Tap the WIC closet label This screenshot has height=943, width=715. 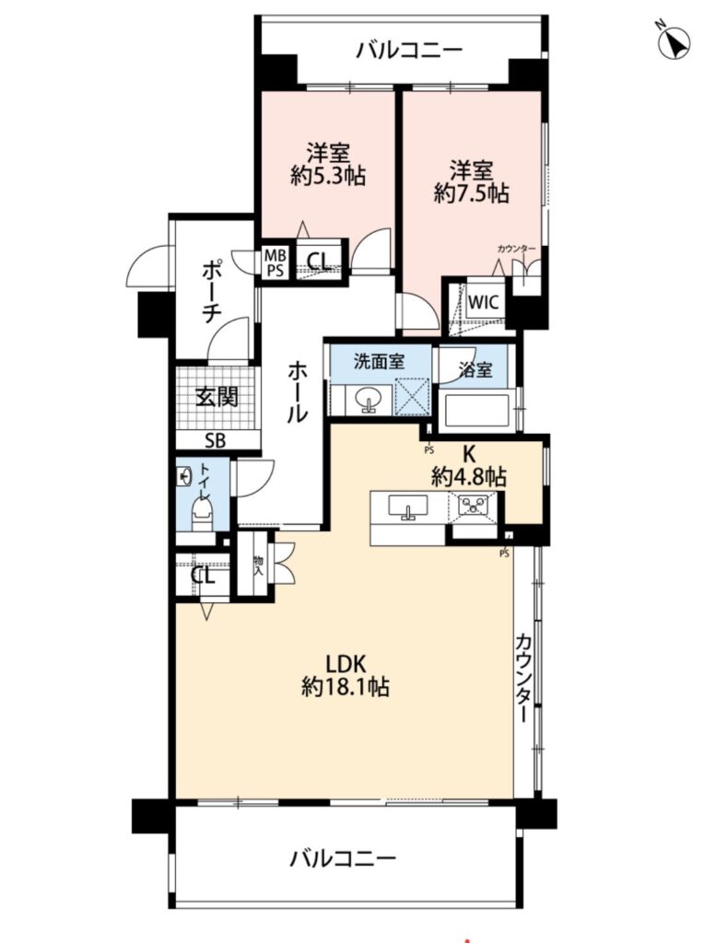[x=484, y=301]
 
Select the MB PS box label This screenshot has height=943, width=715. [x=275, y=263]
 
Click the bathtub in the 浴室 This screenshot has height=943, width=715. [x=476, y=410]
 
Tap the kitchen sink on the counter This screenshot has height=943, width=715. [x=409, y=506]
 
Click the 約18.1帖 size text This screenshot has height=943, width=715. [x=346, y=686]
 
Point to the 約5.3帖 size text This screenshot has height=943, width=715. [x=328, y=176]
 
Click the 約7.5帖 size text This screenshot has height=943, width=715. [x=472, y=193]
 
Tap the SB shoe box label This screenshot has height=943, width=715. [x=215, y=441]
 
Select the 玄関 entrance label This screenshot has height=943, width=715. [x=217, y=397]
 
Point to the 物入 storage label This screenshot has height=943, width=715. [x=258, y=565]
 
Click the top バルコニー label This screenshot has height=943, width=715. [x=409, y=51]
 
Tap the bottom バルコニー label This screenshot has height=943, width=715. [x=343, y=857]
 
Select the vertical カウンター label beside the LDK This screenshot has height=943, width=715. [x=524, y=678]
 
